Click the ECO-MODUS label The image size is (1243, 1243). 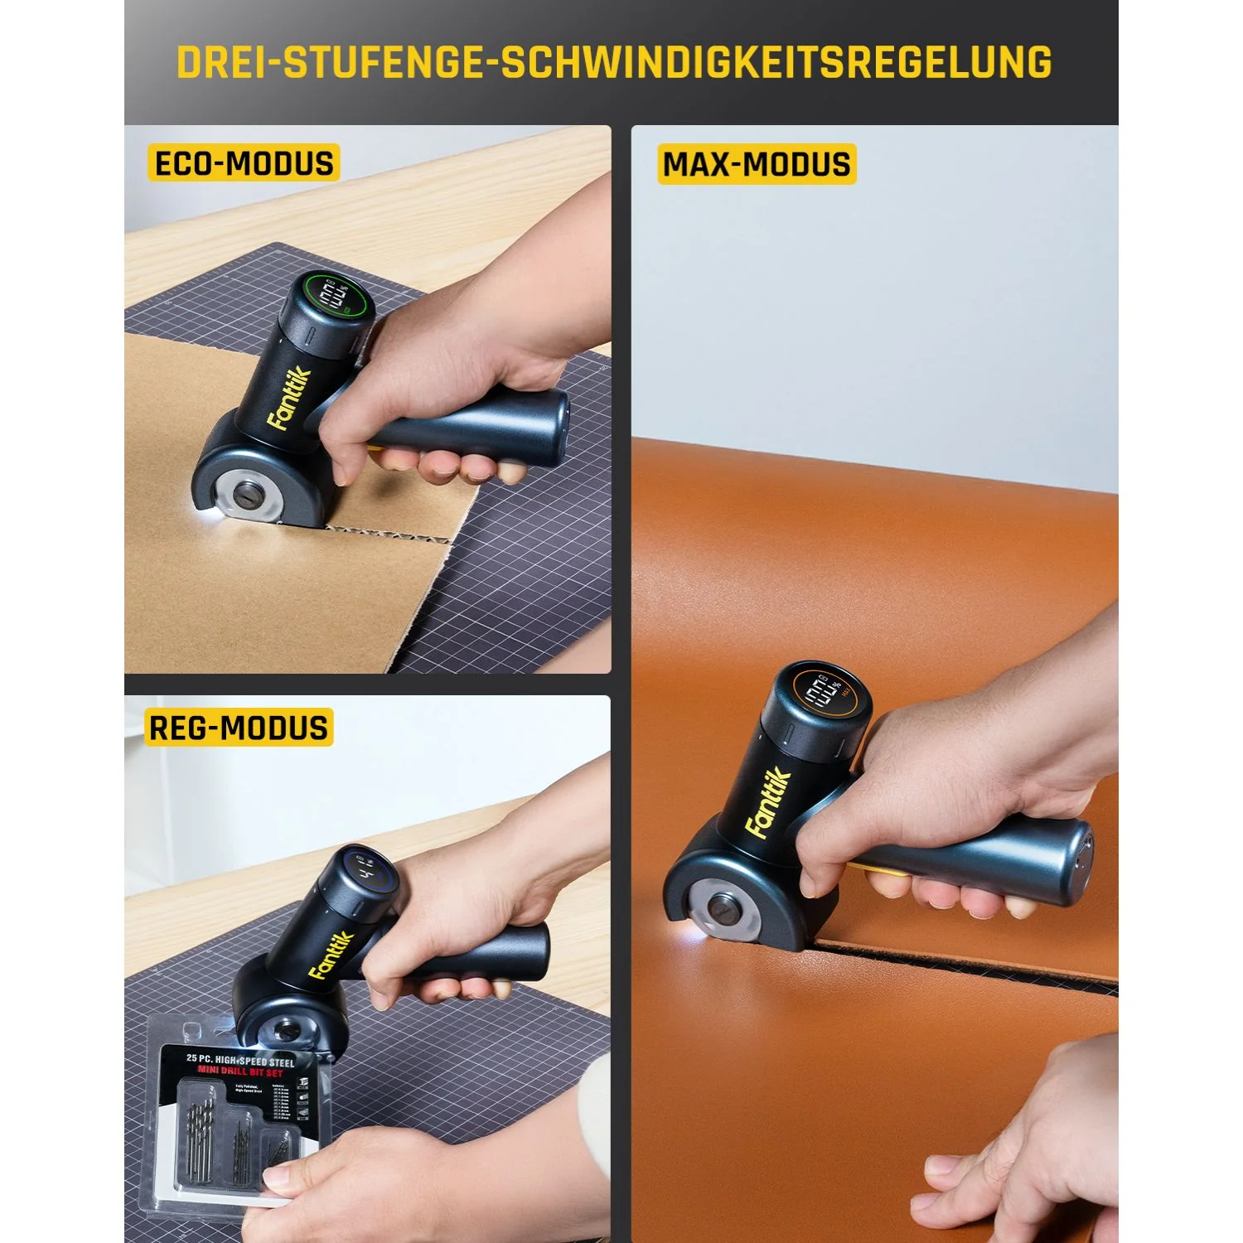244,163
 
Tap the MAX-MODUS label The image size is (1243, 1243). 756,164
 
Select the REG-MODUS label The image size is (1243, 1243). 239,728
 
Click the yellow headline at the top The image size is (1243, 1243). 614,63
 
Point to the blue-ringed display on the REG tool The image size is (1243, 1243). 370,870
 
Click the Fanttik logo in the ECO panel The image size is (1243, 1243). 288,399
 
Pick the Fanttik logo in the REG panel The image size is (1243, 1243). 331,955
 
